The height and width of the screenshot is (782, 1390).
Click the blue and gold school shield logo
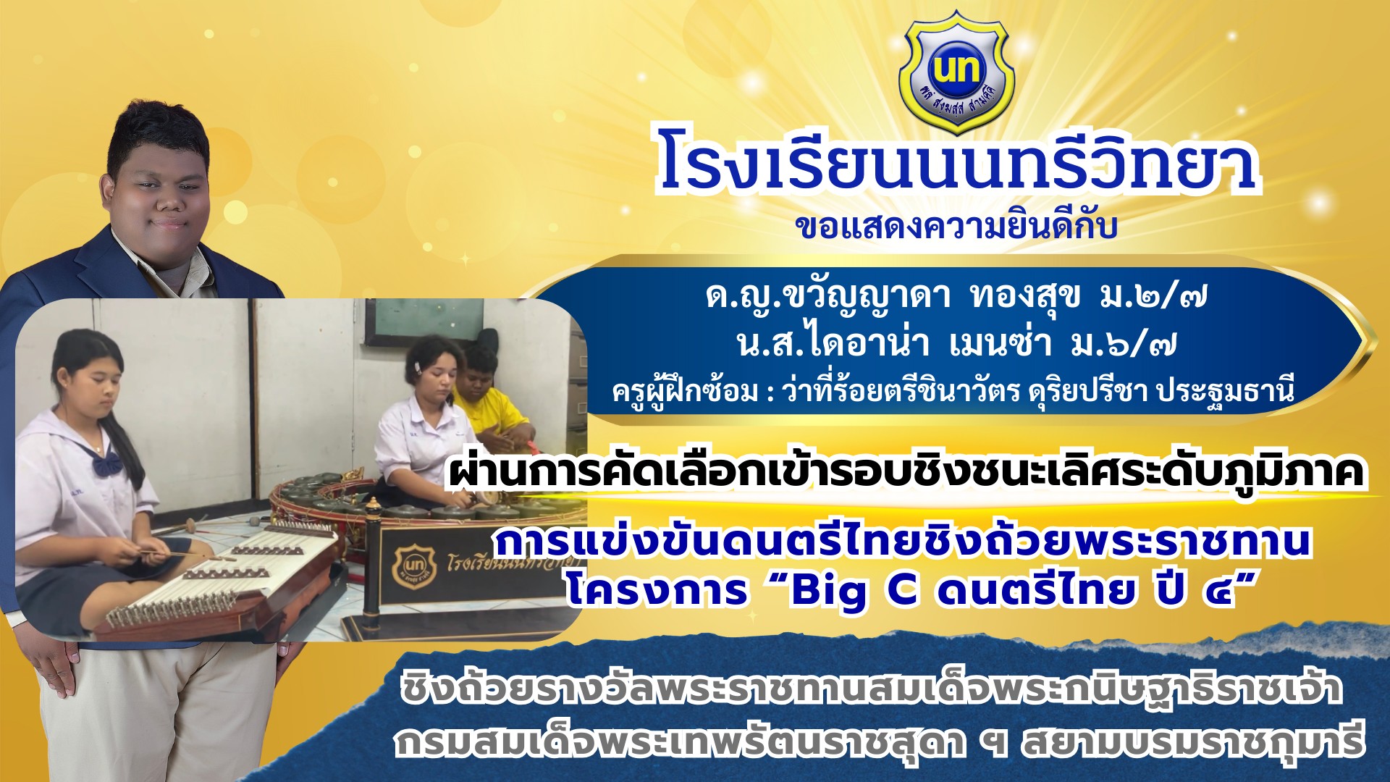tap(956, 72)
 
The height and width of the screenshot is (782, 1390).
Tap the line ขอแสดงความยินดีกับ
tap(956, 225)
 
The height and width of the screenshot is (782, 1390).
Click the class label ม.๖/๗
tap(1124, 343)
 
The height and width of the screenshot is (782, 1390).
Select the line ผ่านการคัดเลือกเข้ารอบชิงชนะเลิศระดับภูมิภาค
tap(906, 471)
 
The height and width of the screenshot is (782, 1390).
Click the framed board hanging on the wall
tap(424, 322)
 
